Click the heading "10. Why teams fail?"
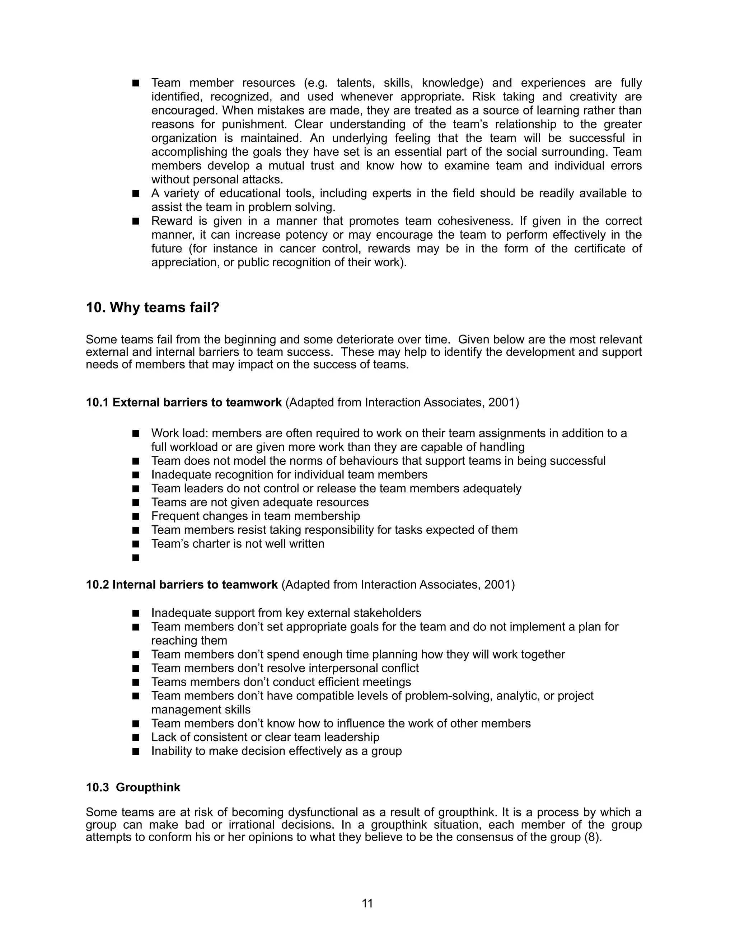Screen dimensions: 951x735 tap(153, 308)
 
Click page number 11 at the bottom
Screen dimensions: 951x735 tap(367, 904)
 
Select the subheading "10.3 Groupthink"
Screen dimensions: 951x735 tap(133, 787)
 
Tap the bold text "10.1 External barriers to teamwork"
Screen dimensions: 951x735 tap(184, 402)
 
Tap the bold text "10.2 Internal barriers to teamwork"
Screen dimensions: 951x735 tap(182, 584)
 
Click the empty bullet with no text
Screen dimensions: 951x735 tap(136, 558)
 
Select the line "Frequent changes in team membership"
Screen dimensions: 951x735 tap(256, 516)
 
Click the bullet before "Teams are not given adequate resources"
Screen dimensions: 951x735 tap(136, 502)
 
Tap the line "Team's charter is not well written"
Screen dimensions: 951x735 tap(238, 544)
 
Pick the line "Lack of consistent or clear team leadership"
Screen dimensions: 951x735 tap(265, 737)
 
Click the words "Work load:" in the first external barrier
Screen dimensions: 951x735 tap(179, 433)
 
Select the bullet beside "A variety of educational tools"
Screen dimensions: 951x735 tap(136, 193)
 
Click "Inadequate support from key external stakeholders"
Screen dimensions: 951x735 tap(286, 613)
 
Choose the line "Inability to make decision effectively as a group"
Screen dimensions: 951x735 tap(276, 751)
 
